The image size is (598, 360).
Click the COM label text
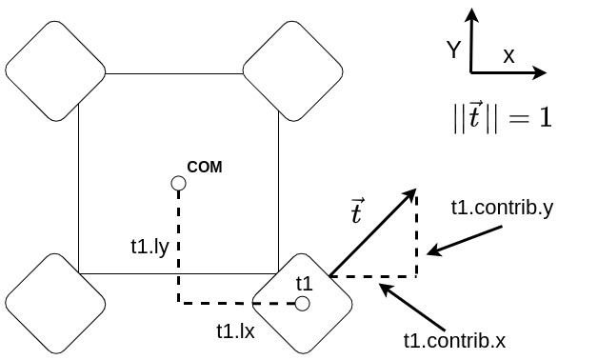205,167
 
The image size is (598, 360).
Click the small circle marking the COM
178,183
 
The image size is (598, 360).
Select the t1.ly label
149,247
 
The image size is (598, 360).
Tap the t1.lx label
235,331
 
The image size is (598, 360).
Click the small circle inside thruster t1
303,304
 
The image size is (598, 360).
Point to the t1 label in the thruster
305,283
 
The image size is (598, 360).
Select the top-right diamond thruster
292,70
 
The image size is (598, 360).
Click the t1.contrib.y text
502,207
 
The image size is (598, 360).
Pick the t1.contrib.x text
454,340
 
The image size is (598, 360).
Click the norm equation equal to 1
502,117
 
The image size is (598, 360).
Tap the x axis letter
508,56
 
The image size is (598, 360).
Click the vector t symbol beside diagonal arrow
357,211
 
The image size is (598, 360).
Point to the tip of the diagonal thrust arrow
415,190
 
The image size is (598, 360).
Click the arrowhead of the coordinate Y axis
472,13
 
